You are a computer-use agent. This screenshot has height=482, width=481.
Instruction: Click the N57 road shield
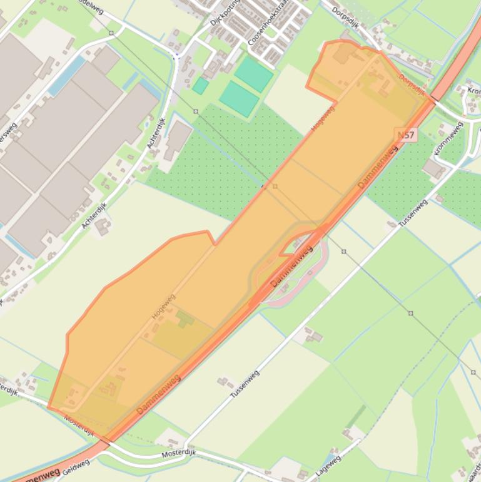(405, 135)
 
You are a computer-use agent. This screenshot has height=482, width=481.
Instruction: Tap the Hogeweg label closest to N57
(323, 119)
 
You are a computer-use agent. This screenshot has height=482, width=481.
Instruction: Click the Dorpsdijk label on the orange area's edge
(412, 86)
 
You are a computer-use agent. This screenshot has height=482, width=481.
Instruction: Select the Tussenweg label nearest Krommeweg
(413, 213)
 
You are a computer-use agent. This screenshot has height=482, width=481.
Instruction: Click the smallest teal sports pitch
(200, 86)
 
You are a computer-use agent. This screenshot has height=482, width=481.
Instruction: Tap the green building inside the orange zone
(185, 319)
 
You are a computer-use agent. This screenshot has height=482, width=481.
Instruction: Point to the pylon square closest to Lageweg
(411, 313)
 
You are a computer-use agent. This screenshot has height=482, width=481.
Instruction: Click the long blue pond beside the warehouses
(67, 76)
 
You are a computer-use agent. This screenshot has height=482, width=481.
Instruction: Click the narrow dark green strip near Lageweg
(356, 416)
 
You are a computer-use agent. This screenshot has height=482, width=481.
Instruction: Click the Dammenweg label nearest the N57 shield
(378, 168)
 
